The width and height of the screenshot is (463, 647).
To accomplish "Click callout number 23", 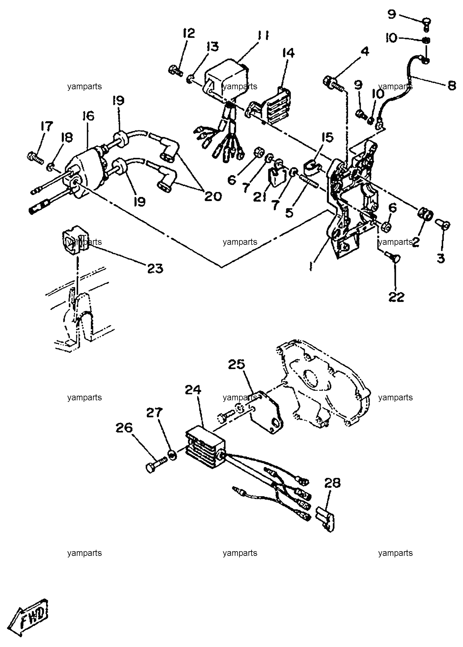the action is click(x=155, y=268).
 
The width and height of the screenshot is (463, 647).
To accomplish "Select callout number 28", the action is click(x=332, y=483).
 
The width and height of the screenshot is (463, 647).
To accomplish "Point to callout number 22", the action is click(x=396, y=297).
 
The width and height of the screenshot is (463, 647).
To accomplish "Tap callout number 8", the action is click(x=451, y=85).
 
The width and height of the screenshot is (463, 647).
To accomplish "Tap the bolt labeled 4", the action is click(x=334, y=84).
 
